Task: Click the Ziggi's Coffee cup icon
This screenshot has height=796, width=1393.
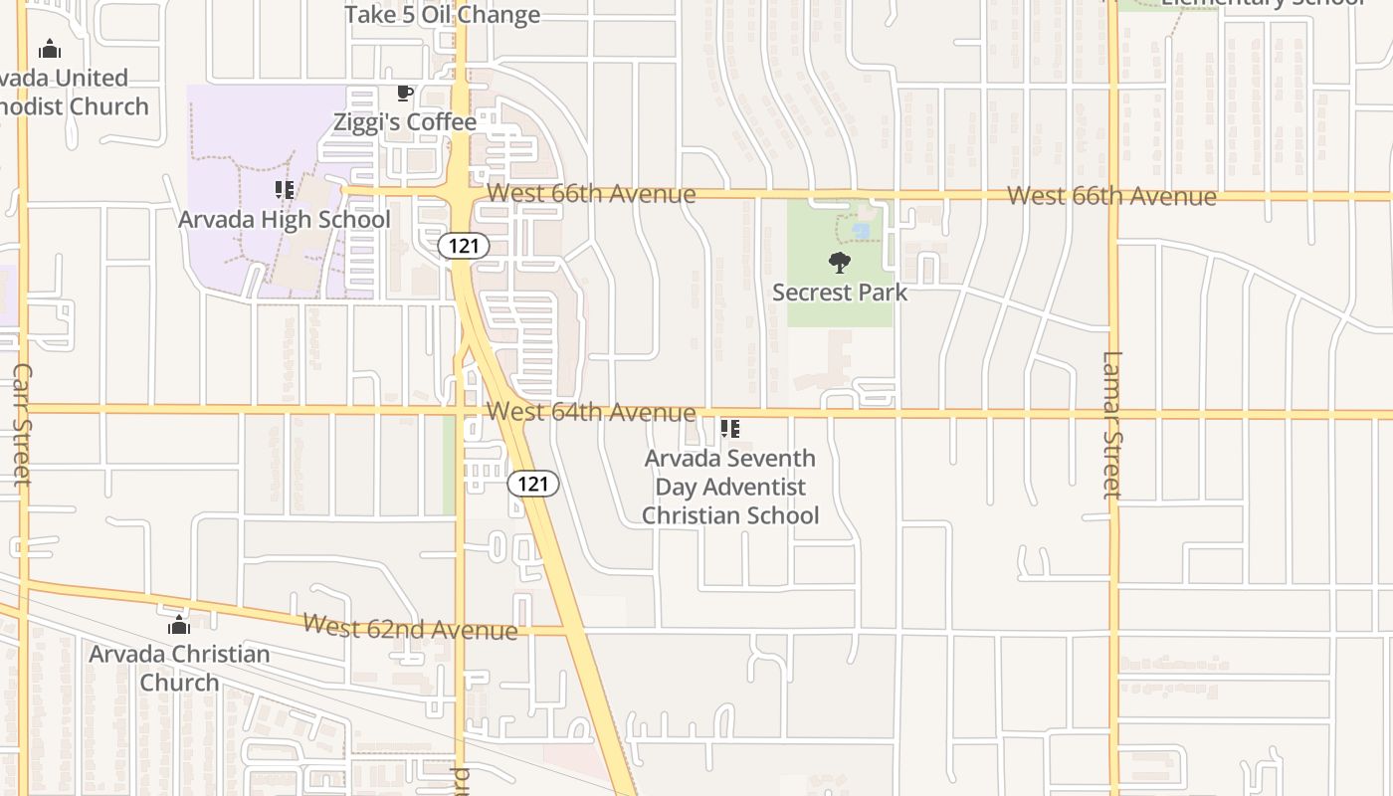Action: point(404,94)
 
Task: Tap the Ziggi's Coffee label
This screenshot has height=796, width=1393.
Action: point(405,122)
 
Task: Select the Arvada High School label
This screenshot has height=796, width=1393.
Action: point(285,219)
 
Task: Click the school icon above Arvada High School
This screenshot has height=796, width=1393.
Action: point(285,189)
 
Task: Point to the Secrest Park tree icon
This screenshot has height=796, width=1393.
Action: point(840,263)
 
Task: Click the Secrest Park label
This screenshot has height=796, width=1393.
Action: point(840,293)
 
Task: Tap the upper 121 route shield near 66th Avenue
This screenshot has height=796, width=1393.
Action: point(464,245)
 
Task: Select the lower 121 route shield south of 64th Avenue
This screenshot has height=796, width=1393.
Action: point(533,484)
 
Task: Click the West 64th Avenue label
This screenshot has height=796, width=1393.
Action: point(591,411)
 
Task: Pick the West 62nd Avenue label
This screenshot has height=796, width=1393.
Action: point(410,627)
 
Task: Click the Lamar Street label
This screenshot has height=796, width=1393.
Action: point(1112,424)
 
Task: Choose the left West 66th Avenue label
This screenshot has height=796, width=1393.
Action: point(591,193)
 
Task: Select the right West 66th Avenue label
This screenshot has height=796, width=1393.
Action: point(1111,196)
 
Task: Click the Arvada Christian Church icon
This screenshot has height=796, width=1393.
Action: point(179,625)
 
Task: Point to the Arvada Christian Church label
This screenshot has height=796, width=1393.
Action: point(179,668)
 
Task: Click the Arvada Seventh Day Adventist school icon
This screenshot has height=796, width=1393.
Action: point(730,429)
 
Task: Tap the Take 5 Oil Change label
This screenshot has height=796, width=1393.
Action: point(443,14)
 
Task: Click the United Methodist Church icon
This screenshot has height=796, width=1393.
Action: point(50,49)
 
